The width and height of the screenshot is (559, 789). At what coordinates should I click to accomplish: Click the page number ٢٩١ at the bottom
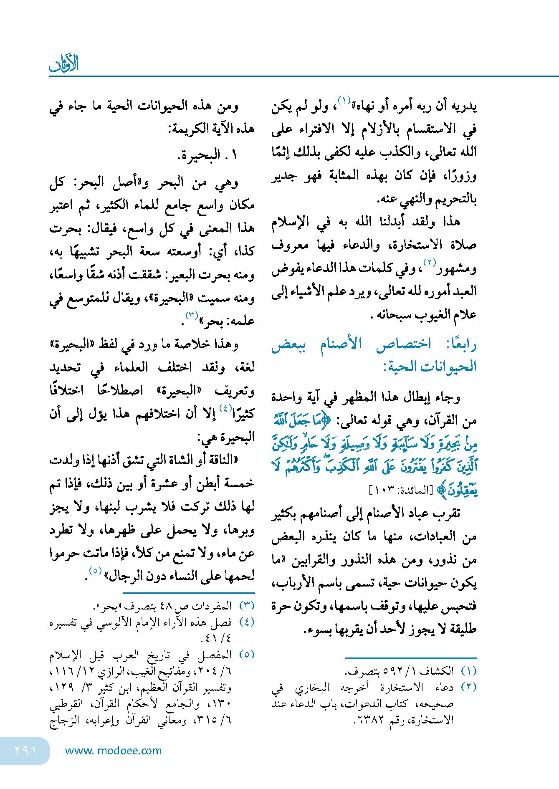(x=25, y=751)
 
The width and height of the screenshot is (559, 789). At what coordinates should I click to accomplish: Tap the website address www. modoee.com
(x=113, y=751)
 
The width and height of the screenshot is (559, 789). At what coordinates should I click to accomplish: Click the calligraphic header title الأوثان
(x=64, y=64)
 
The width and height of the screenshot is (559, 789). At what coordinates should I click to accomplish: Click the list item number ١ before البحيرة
(x=234, y=155)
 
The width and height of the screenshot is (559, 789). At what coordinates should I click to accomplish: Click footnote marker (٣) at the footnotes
(x=247, y=606)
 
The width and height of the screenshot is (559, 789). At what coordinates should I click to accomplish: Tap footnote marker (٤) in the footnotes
(x=247, y=622)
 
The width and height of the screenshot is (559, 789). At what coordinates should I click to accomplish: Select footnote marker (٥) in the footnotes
(x=247, y=655)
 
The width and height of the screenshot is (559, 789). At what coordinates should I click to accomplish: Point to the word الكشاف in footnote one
(x=436, y=671)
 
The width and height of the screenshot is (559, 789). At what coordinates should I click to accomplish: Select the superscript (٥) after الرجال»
(x=96, y=570)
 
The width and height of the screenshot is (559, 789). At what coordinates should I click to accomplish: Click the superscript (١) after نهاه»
(x=344, y=100)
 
